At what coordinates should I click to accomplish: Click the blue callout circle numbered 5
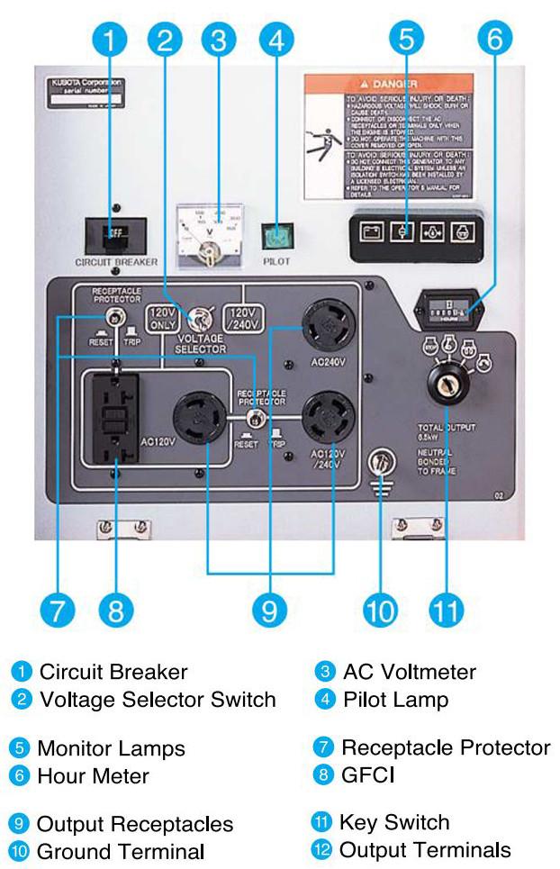click(406, 39)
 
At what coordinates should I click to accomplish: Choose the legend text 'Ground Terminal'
click(120, 850)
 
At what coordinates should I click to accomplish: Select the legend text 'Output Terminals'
click(424, 849)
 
